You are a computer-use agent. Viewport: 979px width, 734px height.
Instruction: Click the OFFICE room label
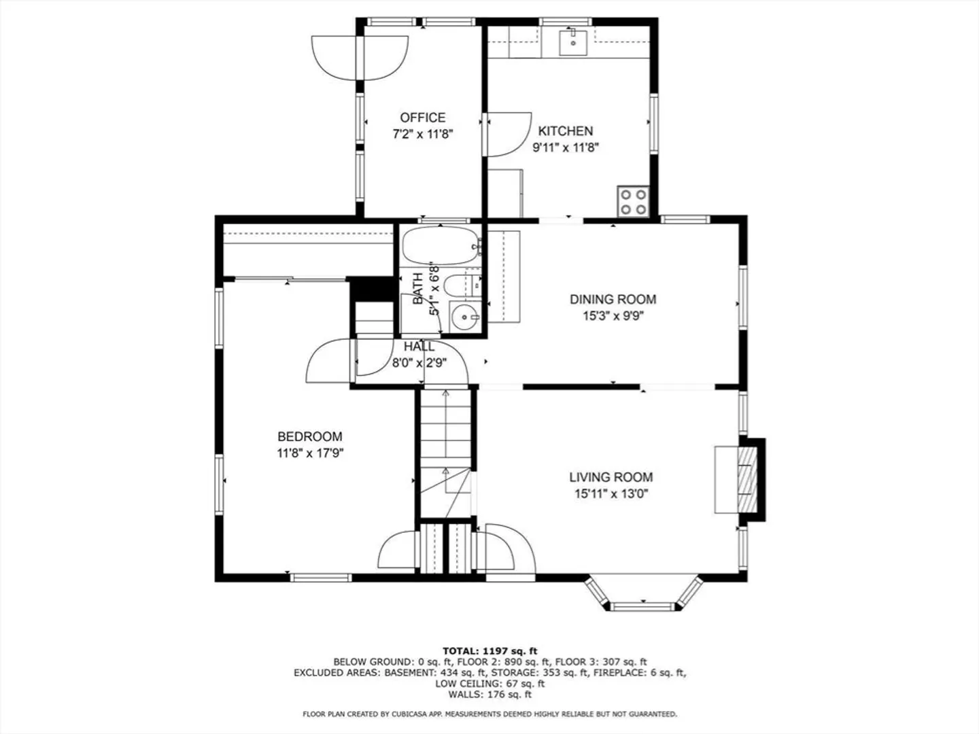422,118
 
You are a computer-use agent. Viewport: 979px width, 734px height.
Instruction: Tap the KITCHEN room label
565,131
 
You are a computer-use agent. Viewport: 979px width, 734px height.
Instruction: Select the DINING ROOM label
613,299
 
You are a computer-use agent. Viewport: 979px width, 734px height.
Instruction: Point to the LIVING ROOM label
611,477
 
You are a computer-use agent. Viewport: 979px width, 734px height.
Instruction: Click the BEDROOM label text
309,436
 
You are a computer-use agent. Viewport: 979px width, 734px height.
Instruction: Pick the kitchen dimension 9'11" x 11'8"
565,147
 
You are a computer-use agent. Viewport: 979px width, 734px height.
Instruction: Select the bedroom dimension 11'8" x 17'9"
310,453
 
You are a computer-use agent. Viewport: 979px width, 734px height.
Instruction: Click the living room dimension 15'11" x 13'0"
611,494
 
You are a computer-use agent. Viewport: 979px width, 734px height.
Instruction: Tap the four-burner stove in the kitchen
633,201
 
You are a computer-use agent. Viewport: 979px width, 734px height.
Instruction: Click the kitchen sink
573,41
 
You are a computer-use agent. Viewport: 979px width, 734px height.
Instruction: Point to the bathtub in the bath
441,246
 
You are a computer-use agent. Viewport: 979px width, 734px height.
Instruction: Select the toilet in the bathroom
463,285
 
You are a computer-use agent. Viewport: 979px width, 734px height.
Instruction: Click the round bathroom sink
465,317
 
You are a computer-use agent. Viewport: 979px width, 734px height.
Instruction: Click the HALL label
419,347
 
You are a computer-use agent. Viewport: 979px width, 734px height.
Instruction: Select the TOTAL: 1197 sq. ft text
489,651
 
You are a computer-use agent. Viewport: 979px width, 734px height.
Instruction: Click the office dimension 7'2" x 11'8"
422,134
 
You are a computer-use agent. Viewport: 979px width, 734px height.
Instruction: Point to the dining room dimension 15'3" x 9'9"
613,316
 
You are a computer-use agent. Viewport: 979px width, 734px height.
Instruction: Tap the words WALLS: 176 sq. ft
489,694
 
